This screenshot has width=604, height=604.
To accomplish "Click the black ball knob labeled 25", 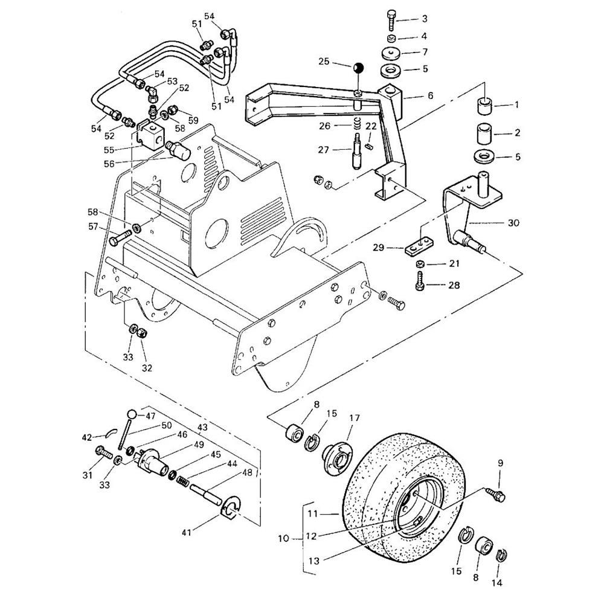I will pos(358,68).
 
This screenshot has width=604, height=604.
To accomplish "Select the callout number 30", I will pos(513,222).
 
